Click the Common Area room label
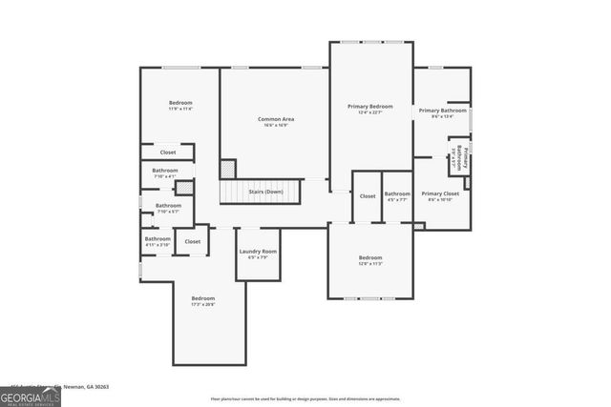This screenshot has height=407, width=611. [276, 119]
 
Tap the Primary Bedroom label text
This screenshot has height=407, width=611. [369, 106]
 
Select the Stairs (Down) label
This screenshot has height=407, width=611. [266, 192]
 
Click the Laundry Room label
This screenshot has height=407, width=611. [258, 252]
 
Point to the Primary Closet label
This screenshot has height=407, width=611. [440, 193]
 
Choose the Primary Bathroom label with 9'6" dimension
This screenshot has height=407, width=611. [442, 111]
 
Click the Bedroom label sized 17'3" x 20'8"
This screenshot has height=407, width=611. [202, 298]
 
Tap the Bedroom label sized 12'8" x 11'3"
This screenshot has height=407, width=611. [370, 257]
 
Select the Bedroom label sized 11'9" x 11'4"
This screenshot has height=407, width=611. [181, 103]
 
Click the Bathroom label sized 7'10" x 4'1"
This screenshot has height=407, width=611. [165, 171]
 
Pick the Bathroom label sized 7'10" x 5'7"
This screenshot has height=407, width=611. [168, 205]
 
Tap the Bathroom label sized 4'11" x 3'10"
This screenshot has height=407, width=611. [158, 239]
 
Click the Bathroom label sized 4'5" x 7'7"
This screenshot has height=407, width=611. [397, 193]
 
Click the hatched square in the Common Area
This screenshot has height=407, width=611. [227, 168]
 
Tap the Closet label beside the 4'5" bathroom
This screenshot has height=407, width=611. [368, 195]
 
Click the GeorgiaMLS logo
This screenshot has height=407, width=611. [31, 393]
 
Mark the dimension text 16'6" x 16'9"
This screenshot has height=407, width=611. [276, 125]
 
